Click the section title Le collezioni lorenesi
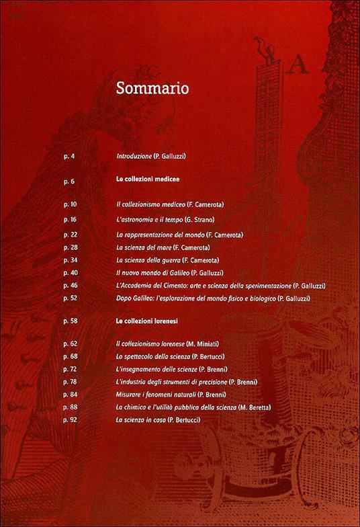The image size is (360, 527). point(146,323)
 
